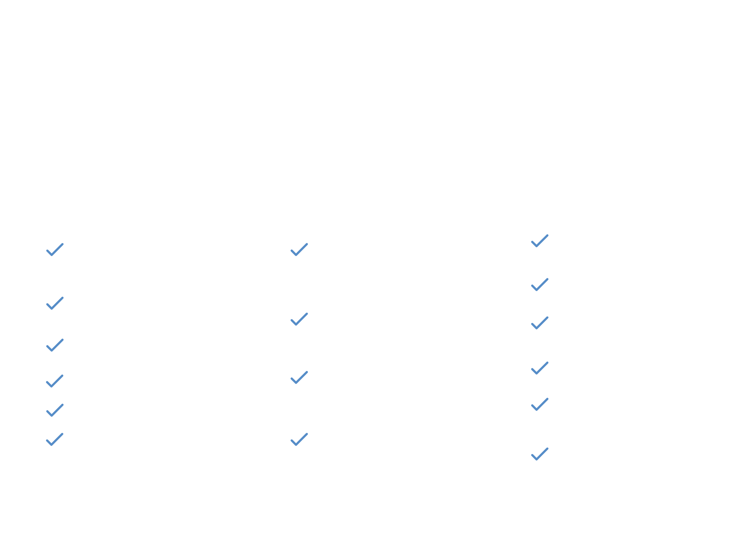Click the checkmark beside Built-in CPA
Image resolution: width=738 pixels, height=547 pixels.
55,381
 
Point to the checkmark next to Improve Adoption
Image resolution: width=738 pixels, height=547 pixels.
55,439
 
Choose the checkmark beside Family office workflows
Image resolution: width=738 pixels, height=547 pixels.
540,404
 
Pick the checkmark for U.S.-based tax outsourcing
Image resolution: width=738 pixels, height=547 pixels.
299,250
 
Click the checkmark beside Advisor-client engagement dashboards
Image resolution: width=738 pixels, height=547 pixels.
540,454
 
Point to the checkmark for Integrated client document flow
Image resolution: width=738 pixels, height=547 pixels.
299,439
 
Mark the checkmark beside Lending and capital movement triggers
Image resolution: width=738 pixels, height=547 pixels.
540,368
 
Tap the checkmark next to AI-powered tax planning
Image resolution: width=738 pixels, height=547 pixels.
299,319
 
